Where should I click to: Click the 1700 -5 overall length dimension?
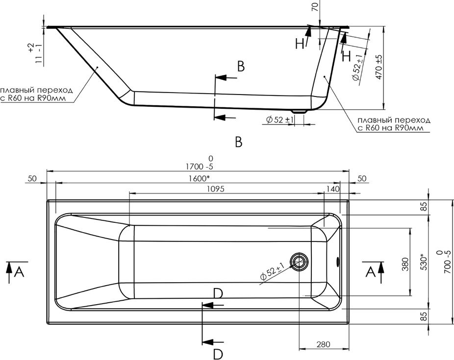[x=200, y=164]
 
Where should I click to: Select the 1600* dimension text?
[x=200, y=179]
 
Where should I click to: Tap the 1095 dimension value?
[x=216, y=189]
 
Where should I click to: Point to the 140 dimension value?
[x=333, y=189]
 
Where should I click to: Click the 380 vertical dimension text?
[x=405, y=264]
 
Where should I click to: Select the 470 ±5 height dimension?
[x=379, y=67]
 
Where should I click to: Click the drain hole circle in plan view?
[x=299, y=262]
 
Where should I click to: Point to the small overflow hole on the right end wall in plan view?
[x=337, y=262]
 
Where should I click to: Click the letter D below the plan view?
[x=218, y=354]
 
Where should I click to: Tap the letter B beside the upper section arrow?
[x=241, y=66]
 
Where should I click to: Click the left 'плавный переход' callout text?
[x=36, y=94]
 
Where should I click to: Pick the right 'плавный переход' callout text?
[x=394, y=124]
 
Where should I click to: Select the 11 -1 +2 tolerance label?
[x=35, y=53]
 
